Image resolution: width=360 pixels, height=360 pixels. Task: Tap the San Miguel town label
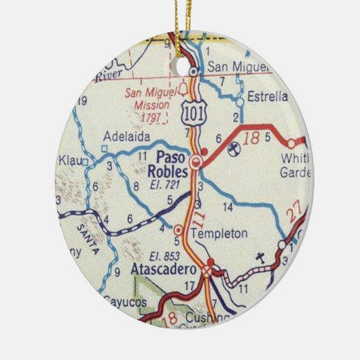click(234, 67)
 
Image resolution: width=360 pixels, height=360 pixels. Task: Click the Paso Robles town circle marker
click(196, 162)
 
